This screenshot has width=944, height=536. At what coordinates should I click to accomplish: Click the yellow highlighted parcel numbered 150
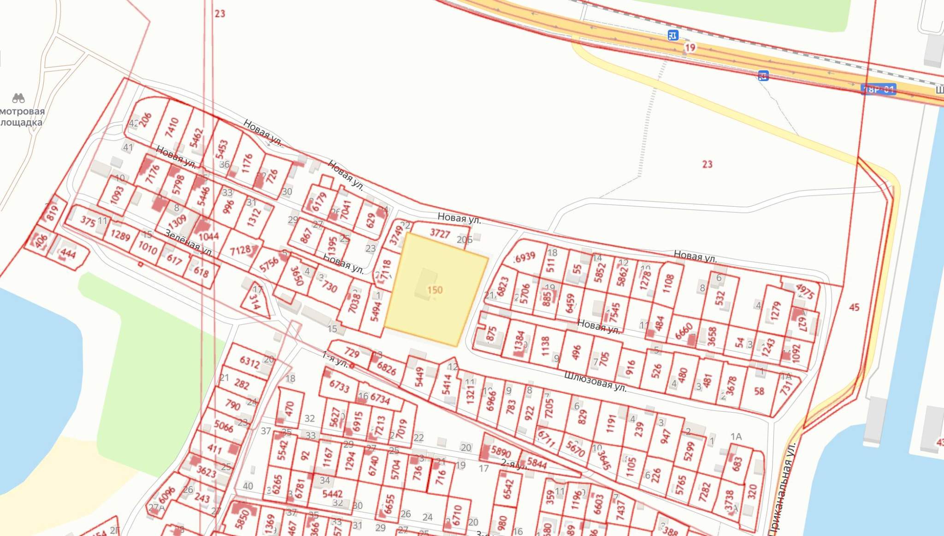(x=435, y=290)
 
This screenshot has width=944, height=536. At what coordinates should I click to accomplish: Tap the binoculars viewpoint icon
(x=18, y=98)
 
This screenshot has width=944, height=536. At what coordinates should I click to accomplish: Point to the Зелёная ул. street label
(x=189, y=243)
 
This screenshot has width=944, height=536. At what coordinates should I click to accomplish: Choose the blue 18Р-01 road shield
(x=879, y=89)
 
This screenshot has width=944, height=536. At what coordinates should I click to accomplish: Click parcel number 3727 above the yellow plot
(x=440, y=233)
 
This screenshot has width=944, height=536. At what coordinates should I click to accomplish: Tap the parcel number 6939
(x=525, y=257)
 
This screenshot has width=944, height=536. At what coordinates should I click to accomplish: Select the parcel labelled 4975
(x=805, y=291)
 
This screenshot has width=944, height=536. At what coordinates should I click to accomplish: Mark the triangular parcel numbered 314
(x=255, y=302)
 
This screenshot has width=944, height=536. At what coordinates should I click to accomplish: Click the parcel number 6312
(x=250, y=362)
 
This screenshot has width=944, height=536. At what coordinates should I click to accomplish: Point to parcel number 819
(x=52, y=213)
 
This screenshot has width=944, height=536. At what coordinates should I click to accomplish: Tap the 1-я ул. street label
(x=335, y=359)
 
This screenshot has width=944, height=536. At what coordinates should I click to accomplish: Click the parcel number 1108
(x=668, y=284)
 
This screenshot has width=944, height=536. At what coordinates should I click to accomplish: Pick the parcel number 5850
(x=242, y=517)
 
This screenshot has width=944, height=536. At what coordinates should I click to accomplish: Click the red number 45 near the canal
(x=854, y=307)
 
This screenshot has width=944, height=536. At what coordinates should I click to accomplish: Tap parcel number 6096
(x=167, y=495)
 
